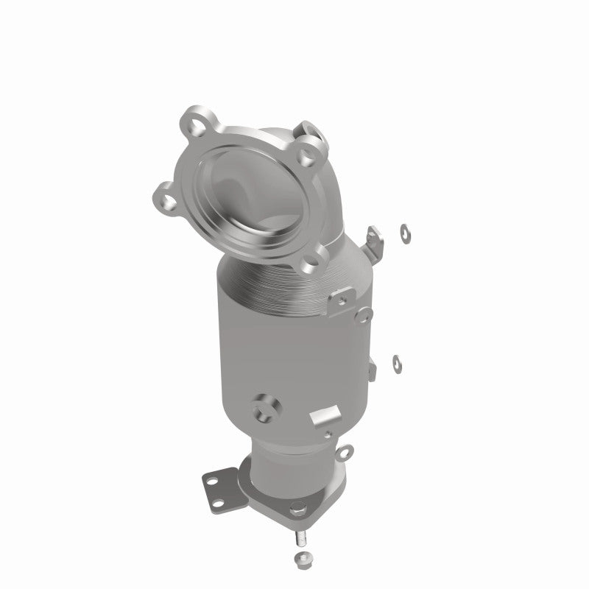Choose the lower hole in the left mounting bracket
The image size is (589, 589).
(x=216, y=501)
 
